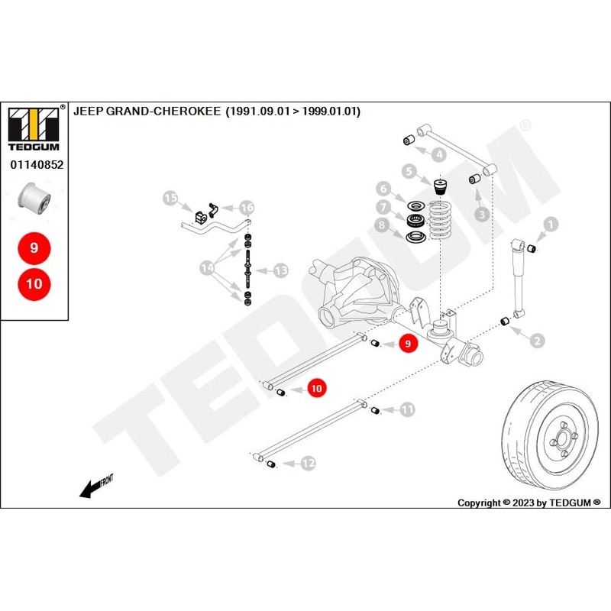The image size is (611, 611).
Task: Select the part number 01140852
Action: pos(36,163)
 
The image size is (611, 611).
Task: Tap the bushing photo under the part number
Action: pos(34,197)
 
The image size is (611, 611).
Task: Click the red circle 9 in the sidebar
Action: pos(34,248)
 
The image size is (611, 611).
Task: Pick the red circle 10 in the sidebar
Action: pos(34,284)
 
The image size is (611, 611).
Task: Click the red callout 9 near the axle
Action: pos(407,344)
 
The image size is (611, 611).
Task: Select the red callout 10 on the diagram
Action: pos(317,388)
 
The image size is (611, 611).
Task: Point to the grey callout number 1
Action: pos(551,224)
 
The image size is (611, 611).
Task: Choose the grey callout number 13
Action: pos(281,270)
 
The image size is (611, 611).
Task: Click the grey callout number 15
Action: pos(171,199)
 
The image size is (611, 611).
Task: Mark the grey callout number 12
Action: pos(308,463)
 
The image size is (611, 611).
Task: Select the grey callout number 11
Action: pos(408,410)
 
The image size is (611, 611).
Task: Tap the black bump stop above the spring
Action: pos(440,187)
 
